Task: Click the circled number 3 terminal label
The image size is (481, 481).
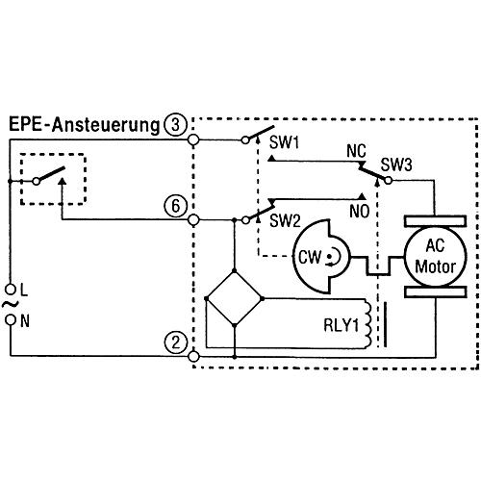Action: pyautogui.click(x=175, y=125)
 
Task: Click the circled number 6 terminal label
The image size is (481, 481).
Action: pyautogui.click(x=175, y=206)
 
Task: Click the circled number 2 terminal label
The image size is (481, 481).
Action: pyautogui.click(x=175, y=342)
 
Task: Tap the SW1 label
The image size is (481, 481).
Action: pyautogui.click(x=284, y=142)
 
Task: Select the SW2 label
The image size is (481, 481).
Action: pyautogui.click(x=285, y=220)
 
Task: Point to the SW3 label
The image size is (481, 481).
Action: pyautogui.click(x=396, y=165)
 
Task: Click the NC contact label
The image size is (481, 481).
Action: pyautogui.click(x=356, y=151)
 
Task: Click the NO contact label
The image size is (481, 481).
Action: pyautogui.click(x=360, y=211)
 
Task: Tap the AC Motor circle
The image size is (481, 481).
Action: pyautogui.click(x=435, y=257)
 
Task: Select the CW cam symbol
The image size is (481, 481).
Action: pyautogui.click(x=320, y=257)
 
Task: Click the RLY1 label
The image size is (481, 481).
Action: pyautogui.click(x=341, y=325)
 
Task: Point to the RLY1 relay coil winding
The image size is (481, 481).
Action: pyautogui.click(x=367, y=323)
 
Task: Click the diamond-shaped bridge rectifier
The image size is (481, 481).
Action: pyautogui.click(x=235, y=298)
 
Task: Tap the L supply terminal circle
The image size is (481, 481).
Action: pyautogui.click(x=12, y=290)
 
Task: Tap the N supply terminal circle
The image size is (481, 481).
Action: pyautogui.click(x=12, y=319)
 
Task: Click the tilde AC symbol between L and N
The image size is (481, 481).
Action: pyautogui.click(x=11, y=305)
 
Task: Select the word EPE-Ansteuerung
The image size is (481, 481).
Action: pyautogui.click(x=84, y=125)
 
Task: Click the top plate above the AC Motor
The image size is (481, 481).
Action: pyautogui.click(x=435, y=221)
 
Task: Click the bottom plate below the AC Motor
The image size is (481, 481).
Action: pyautogui.click(x=435, y=292)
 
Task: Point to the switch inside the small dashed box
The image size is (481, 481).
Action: pyautogui.click(x=50, y=176)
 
